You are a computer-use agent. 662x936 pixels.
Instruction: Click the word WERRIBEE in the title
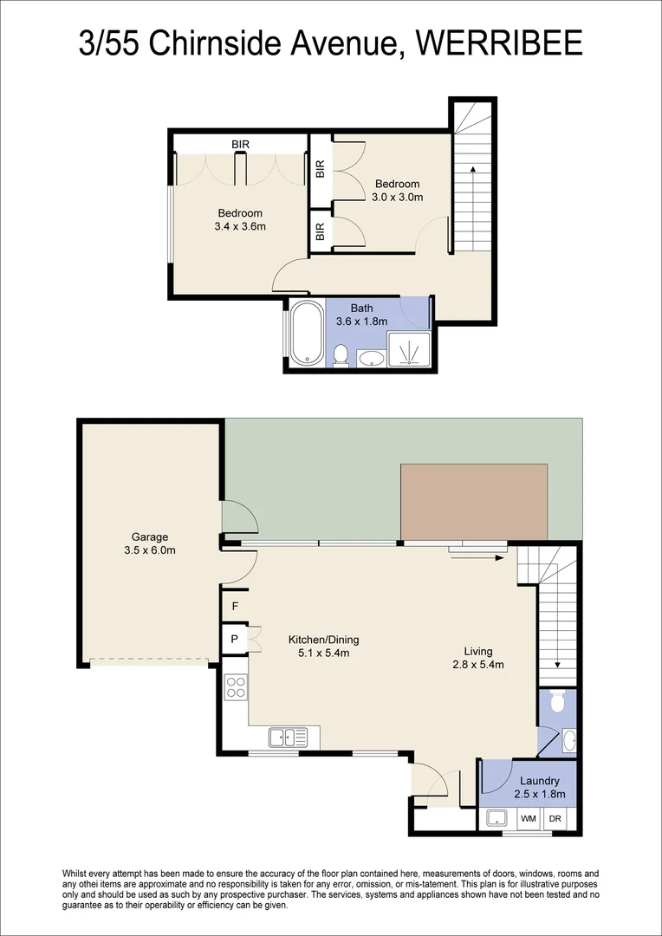click(500, 43)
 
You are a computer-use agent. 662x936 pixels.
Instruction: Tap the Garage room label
click(150, 536)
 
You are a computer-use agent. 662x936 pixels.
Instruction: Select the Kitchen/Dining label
click(323, 640)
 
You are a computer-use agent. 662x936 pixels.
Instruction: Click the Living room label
click(477, 651)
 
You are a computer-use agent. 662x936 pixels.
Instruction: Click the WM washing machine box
click(528, 818)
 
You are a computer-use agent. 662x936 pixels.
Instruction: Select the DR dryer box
click(555, 818)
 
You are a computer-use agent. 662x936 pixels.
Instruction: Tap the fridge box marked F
click(234, 607)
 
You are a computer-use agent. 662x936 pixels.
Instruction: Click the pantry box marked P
click(234, 640)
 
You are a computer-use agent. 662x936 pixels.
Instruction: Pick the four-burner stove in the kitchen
click(236, 687)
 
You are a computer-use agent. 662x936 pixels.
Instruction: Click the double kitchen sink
click(288, 738)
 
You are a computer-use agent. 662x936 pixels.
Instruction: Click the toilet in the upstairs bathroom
click(341, 354)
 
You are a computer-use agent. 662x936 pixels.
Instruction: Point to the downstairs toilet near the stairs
click(556, 700)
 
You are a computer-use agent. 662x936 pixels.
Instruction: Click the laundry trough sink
click(497, 818)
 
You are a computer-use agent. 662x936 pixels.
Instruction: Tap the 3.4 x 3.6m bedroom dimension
click(240, 226)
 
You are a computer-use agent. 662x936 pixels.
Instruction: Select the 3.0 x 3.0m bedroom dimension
click(398, 197)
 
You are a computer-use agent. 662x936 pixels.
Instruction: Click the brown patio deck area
click(474, 501)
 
